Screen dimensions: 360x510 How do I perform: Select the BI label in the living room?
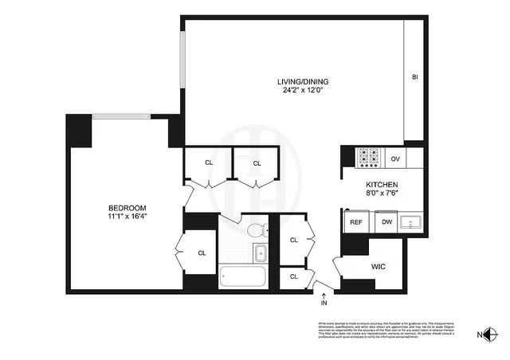click(415, 77)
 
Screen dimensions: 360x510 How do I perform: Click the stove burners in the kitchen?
click(368, 158)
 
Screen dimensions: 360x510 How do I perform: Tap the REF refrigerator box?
click(355, 222)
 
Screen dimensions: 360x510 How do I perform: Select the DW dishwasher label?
click(386, 222)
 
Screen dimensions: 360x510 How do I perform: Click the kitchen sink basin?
click(413, 222)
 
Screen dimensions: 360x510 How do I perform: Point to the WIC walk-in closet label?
click(379, 267)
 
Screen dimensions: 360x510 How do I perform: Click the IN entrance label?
click(323, 303)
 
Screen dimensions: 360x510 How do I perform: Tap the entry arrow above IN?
click(323, 295)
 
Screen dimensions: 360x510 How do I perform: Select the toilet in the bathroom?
click(256, 232)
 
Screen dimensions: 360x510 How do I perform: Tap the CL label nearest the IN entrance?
click(293, 276)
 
